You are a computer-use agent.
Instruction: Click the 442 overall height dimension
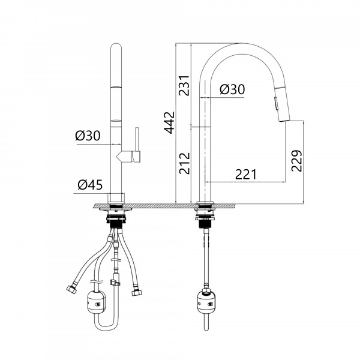[169, 122]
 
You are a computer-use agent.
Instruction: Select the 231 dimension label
[185, 85]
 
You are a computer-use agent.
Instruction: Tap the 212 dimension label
[185, 163]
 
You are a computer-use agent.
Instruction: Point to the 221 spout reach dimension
[245, 175]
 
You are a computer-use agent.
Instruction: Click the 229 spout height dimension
[296, 161]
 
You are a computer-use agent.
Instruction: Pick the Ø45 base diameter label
[90, 185]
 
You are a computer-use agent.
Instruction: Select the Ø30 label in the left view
[88, 136]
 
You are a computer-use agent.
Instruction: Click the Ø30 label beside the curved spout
[232, 89]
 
